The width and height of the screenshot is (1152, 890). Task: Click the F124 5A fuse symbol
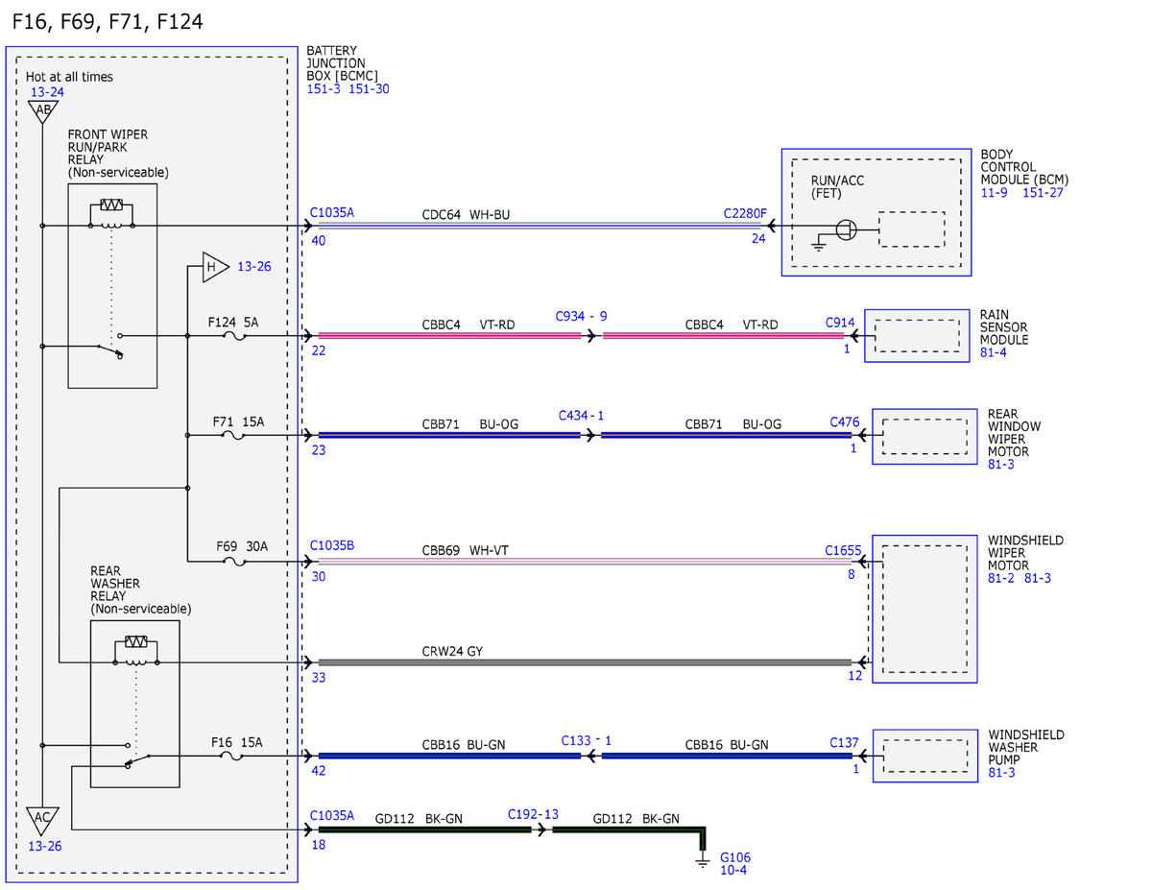coord(234,336)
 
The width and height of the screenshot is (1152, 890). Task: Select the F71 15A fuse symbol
coord(232,436)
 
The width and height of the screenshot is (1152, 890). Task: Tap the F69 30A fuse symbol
coord(234,562)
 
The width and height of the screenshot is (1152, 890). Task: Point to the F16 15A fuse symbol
coord(231,757)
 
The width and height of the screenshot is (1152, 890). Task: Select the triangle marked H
coord(215,267)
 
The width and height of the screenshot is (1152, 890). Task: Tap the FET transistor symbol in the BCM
coord(846,230)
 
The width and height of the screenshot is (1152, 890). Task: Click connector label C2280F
coord(745,214)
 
